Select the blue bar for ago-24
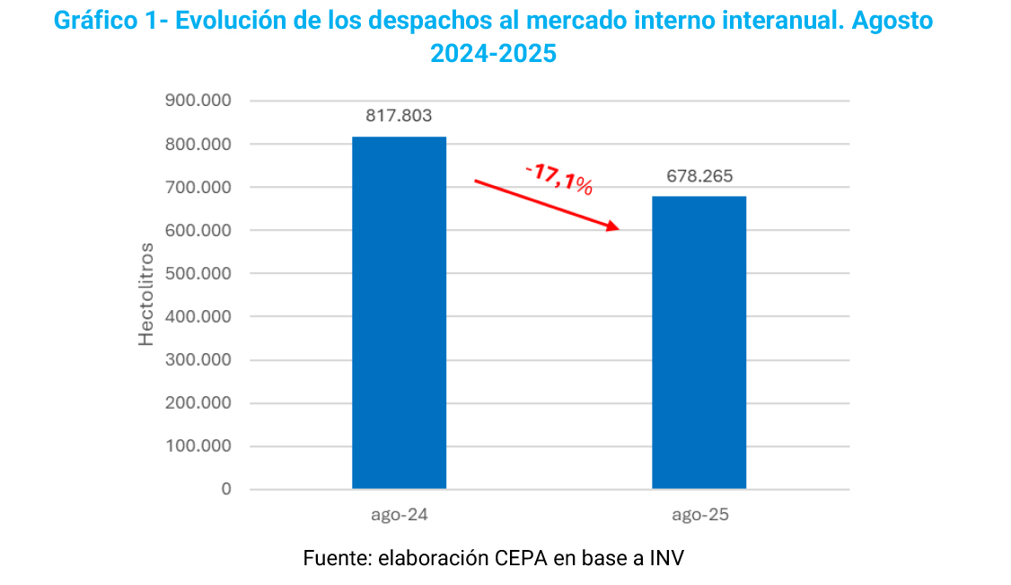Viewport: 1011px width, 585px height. (x=399, y=313)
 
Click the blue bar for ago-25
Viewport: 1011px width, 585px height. (x=699, y=342)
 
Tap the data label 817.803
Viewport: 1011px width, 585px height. (x=399, y=116)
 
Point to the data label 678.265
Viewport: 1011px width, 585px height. (x=699, y=176)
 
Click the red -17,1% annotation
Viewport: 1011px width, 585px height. (x=558, y=177)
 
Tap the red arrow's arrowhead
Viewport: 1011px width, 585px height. (x=613, y=226)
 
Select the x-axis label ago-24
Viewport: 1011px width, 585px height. (x=399, y=516)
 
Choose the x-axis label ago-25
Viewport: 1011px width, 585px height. (x=699, y=516)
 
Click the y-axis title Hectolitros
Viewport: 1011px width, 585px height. (x=146, y=294)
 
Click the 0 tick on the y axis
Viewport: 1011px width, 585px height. (x=225, y=490)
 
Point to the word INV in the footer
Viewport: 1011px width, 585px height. (x=665, y=557)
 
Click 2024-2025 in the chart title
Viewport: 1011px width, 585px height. (x=493, y=54)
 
